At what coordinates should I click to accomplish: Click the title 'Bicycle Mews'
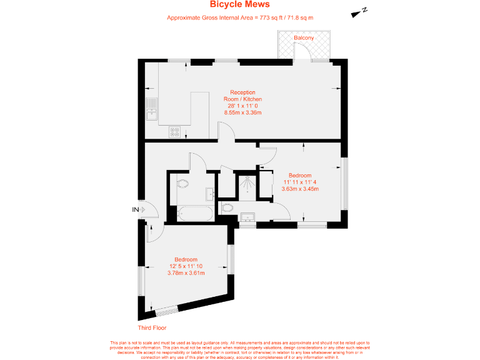click(x=240, y=5)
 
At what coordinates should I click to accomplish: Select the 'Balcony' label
click(x=304, y=38)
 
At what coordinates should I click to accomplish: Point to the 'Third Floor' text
click(x=152, y=327)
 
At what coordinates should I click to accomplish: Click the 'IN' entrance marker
click(x=135, y=209)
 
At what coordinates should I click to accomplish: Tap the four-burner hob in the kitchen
click(x=175, y=132)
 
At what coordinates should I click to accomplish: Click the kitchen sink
click(x=151, y=109)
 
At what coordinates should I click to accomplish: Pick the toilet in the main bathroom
click(x=183, y=183)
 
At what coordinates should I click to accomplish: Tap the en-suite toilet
click(x=228, y=207)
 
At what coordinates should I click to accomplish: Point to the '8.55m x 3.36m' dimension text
click(x=242, y=112)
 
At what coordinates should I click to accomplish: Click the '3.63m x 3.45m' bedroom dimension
click(x=300, y=189)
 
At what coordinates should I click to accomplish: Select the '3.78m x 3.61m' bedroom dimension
click(x=187, y=273)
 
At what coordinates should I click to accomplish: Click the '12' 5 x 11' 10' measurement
click(x=187, y=266)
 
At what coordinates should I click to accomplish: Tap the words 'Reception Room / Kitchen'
click(x=242, y=96)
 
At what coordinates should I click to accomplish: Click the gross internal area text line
click(x=240, y=17)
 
